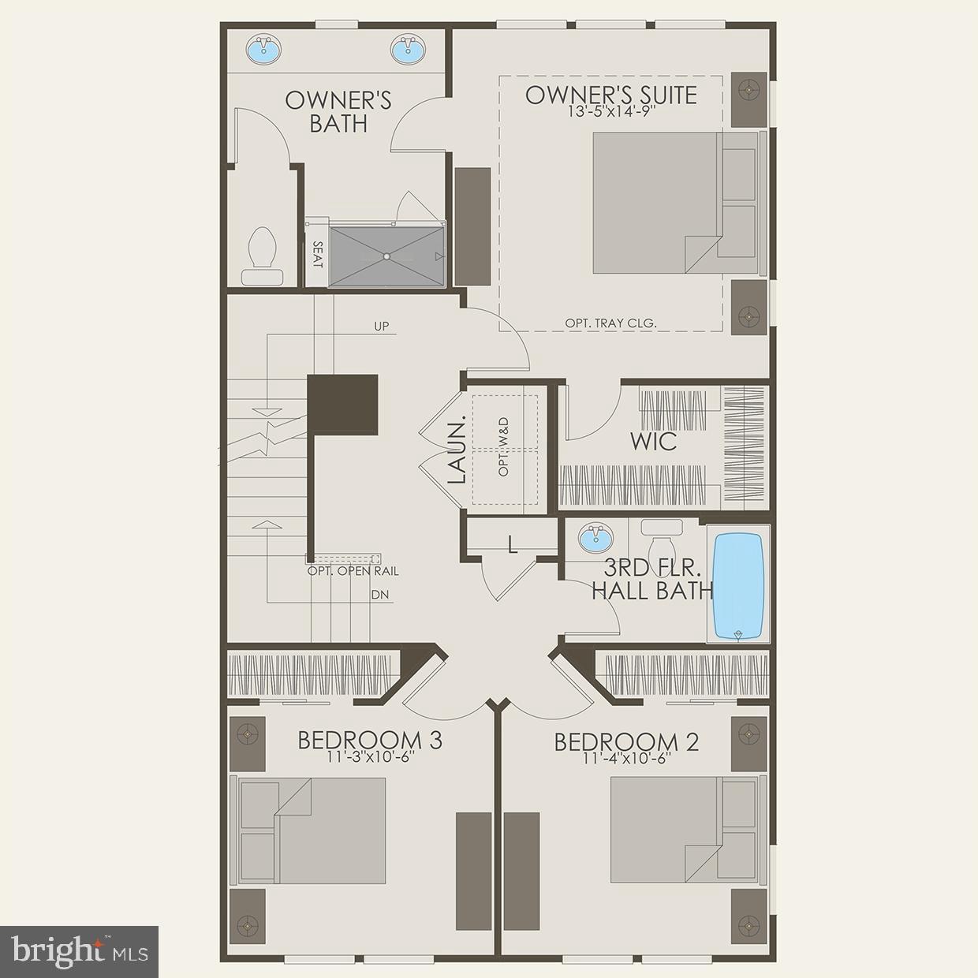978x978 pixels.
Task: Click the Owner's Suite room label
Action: tap(611, 95)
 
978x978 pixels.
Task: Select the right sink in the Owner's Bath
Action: tap(409, 49)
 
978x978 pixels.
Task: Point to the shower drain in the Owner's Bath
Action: tap(386, 256)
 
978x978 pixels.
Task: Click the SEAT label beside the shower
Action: tap(317, 255)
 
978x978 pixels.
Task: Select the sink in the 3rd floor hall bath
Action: tap(594, 539)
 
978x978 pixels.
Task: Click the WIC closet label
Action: tap(652, 441)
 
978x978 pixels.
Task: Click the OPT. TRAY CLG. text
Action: tap(610, 323)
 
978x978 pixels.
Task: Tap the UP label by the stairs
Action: tap(381, 326)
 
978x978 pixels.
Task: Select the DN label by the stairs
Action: tap(379, 595)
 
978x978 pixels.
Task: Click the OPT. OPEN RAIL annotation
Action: tap(353, 571)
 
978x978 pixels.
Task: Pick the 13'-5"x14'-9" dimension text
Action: tap(611, 112)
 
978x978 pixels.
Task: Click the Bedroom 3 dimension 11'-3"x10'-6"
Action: tap(369, 756)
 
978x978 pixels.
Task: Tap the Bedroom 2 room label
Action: tap(626, 741)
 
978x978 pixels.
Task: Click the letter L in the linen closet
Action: tap(513, 543)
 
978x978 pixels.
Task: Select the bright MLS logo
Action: tap(80, 952)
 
